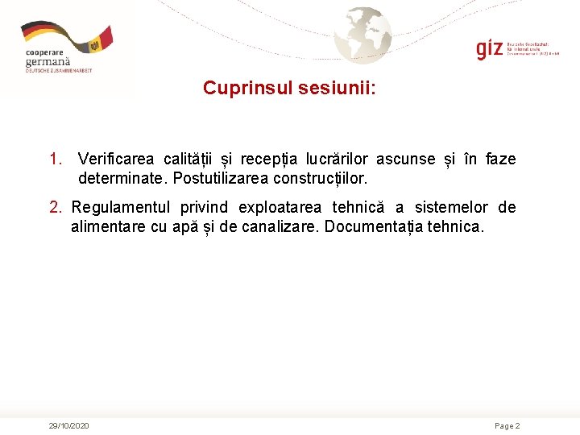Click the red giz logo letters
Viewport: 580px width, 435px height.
[489, 48]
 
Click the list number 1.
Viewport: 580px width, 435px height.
[55, 159]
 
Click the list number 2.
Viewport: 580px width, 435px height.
[55, 208]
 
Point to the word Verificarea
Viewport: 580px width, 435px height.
[116, 159]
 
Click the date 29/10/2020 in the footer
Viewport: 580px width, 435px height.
[68, 425]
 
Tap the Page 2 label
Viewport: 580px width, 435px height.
[507, 425]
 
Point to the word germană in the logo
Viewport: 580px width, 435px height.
[48, 61]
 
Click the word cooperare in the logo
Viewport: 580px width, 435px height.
[43, 52]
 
